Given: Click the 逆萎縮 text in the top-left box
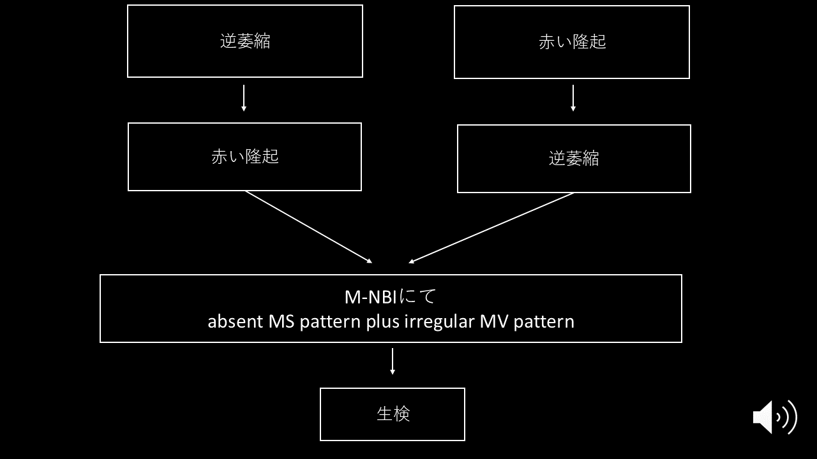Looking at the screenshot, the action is point(244,41).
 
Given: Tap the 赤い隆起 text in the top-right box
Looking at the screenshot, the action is point(573,42).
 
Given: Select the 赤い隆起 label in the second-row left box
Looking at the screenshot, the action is point(244,157).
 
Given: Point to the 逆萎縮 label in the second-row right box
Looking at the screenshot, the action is point(574,159).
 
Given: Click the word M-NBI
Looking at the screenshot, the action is point(371,297).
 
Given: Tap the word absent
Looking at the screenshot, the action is point(236,321).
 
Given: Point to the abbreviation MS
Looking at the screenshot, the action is point(281,321).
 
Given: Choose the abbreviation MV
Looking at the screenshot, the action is point(494,321).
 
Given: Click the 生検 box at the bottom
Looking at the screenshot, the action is point(393,414).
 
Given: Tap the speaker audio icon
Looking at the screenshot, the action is point(775,417).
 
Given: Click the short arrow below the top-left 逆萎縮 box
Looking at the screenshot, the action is point(244,98).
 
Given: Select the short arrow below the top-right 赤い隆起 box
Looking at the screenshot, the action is point(573,98).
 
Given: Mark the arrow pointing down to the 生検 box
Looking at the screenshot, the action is point(393,361).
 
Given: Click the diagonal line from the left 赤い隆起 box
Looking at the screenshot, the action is point(308,227).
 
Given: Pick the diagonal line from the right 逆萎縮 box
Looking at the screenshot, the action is point(491,228).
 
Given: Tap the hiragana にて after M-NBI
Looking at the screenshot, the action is point(417,296).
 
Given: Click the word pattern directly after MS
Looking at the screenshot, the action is point(330,322).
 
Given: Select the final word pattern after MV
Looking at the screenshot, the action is point(544,322).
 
